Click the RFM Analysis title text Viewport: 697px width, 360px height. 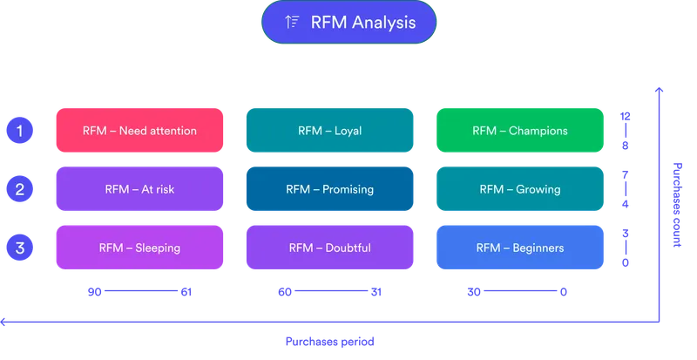click(362, 23)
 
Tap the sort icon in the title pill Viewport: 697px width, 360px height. click(293, 23)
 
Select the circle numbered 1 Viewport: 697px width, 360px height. click(18, 131)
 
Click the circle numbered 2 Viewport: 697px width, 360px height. click(18, 188)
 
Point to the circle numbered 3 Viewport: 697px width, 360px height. click(18, 247)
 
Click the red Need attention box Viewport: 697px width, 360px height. click(139, 131)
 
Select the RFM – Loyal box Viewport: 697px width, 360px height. click(329, 131)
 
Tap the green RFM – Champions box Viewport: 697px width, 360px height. click(519, 131)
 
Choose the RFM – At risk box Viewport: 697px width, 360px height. click(139, 189)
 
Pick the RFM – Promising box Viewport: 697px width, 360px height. click(329, 189)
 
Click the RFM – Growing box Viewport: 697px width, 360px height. click(519, 189)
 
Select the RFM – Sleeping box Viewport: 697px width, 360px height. click(139, 248)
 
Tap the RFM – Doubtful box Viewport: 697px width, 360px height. click(329, 248)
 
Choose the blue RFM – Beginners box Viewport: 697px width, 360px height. click(519, 248)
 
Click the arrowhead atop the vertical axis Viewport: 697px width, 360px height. click(660, 88)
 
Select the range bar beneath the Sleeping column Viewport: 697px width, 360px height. click(139, 292)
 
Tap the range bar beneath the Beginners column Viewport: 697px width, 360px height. click(519, 292)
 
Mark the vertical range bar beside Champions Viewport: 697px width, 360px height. click(624, 131)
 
